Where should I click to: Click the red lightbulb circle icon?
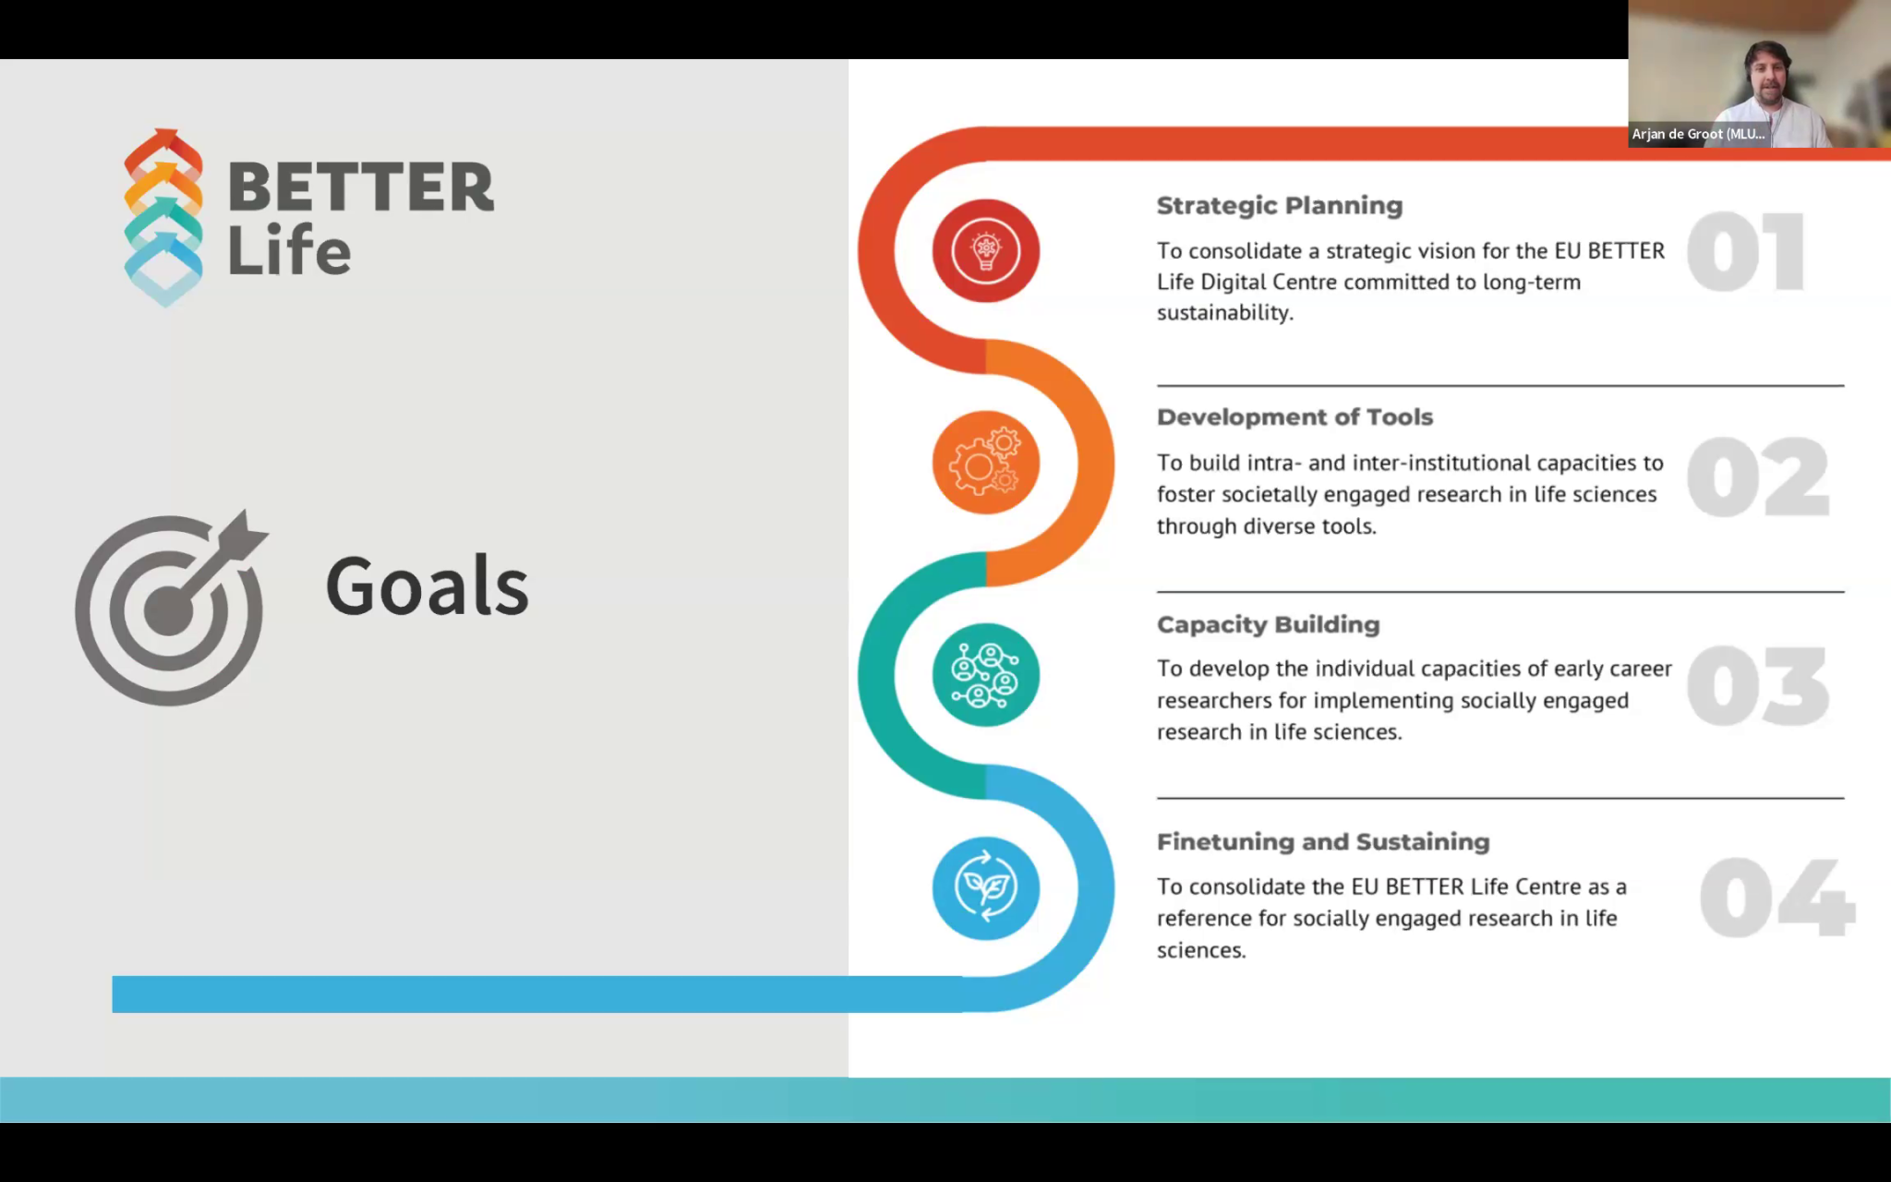tap(986, 250)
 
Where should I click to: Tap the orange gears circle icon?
tap(986, 463)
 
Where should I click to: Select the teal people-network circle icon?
tap(986, 675)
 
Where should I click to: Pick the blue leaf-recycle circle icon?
tap(986, 887)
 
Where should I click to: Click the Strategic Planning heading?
tap(1280, 206)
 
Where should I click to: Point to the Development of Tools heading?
tap(1295, 416)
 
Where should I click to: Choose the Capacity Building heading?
tap(1268, 625)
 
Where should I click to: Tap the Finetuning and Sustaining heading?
tap(1323, 841)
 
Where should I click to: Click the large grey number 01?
tap(1745, 251)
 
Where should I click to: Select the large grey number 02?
tap(1758, 476)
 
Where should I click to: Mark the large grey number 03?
tap(1758, 686)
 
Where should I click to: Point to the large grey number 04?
tap(1777, 897)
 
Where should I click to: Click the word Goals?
tap(427, 585)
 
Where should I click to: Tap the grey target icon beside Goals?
tap(171, 608)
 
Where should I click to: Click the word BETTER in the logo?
tap(361, 187)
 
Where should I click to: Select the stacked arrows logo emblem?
tap(163, 218)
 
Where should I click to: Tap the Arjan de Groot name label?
tap(1698, 134)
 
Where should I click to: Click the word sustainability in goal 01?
tap(1225, 313)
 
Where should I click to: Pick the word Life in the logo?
tap(289, 249)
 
